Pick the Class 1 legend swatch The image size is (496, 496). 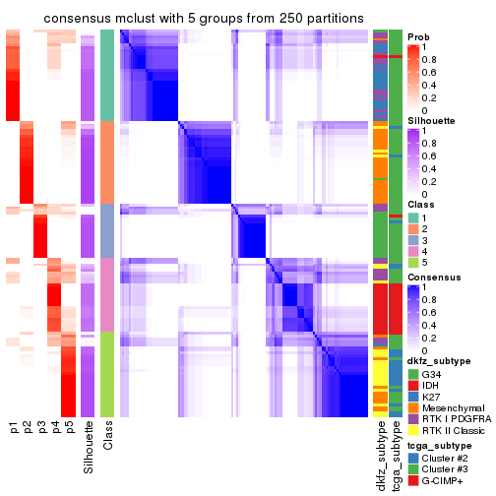(x=413, y=217)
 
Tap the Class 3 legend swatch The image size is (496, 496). (x=413, y=240)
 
